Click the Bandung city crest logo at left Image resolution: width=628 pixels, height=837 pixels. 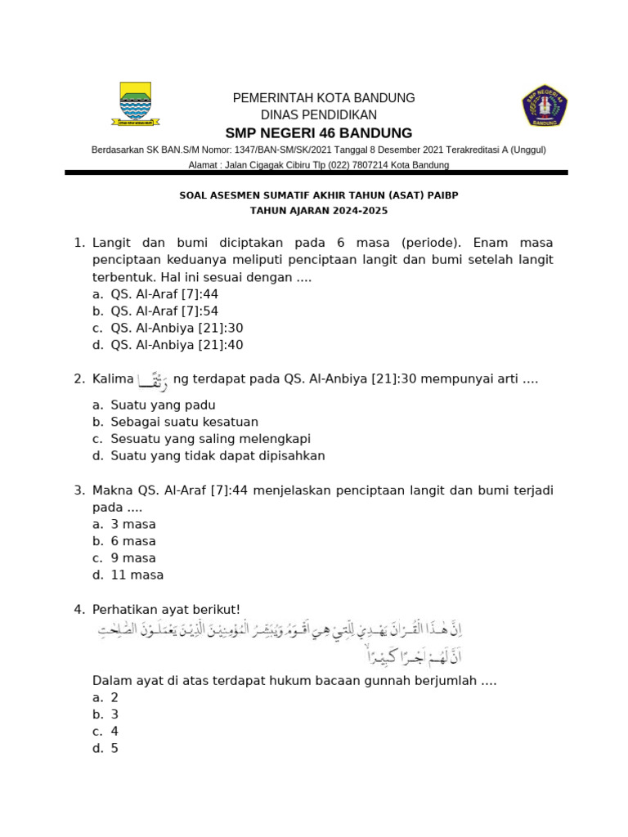point(135,104)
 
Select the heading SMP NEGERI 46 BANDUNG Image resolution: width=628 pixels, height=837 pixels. point(319,133)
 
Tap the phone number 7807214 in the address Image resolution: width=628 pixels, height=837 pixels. point(370,165)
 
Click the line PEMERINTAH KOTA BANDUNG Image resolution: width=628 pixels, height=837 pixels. point(324,98)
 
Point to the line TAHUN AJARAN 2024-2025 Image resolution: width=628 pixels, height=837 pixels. point(319,211)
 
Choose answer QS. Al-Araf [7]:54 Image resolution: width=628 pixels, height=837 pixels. point(164,311)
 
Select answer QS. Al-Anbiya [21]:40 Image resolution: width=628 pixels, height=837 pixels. point(176,345)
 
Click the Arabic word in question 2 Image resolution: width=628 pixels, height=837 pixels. point(153,380)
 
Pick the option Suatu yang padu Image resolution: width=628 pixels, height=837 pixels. point(163,405)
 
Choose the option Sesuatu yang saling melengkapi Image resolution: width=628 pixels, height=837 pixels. point(210,439)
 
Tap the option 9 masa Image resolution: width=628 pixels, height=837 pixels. point(132,558)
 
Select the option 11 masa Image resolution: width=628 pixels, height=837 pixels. point(137,575)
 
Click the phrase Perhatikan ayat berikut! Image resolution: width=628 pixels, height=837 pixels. point(167,609)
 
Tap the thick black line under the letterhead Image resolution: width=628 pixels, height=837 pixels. point(316,173)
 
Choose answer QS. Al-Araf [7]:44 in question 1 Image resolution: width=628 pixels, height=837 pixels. point(164,294)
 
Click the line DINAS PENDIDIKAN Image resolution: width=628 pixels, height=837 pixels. point(319,115)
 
